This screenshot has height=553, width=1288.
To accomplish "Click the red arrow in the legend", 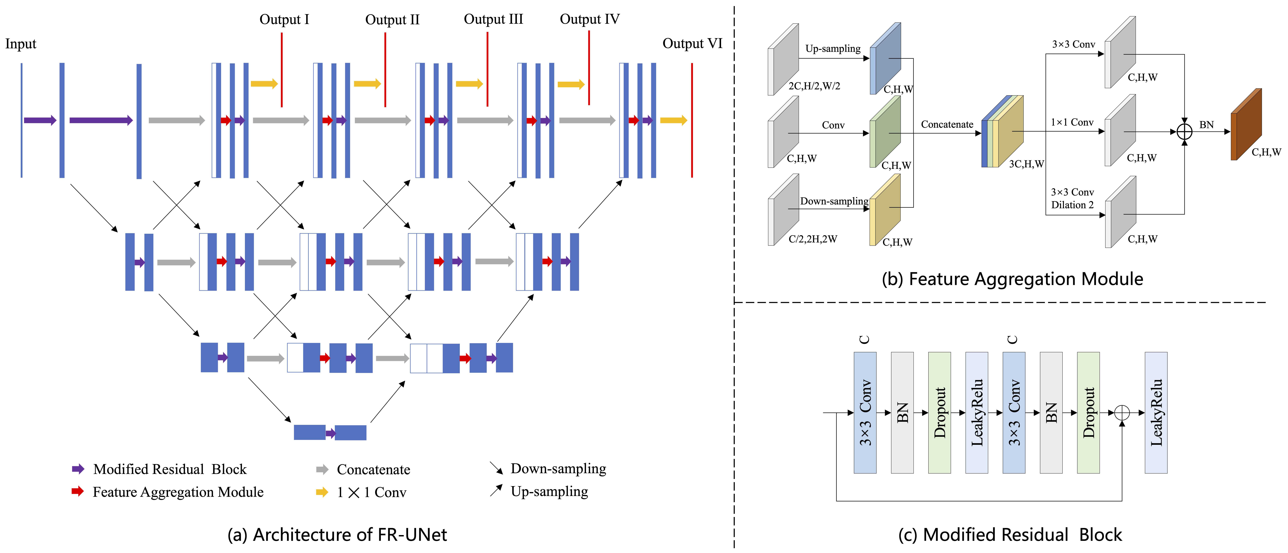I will pos(77,492).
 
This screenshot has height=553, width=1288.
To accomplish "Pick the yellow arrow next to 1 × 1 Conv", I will pos(322,492).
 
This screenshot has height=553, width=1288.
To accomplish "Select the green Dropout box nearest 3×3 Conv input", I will pos(939,413).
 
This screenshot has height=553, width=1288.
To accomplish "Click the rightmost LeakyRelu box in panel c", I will pos(1155,413).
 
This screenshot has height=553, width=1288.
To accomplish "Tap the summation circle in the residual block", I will pos(1122,413).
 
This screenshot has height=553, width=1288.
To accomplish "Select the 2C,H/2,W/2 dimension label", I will pos(814,86).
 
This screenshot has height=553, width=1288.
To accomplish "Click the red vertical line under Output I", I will pos(281,70).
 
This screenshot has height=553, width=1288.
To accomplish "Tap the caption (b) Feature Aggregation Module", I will pos(1012,279).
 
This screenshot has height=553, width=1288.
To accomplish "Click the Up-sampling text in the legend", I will pos(549,492).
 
